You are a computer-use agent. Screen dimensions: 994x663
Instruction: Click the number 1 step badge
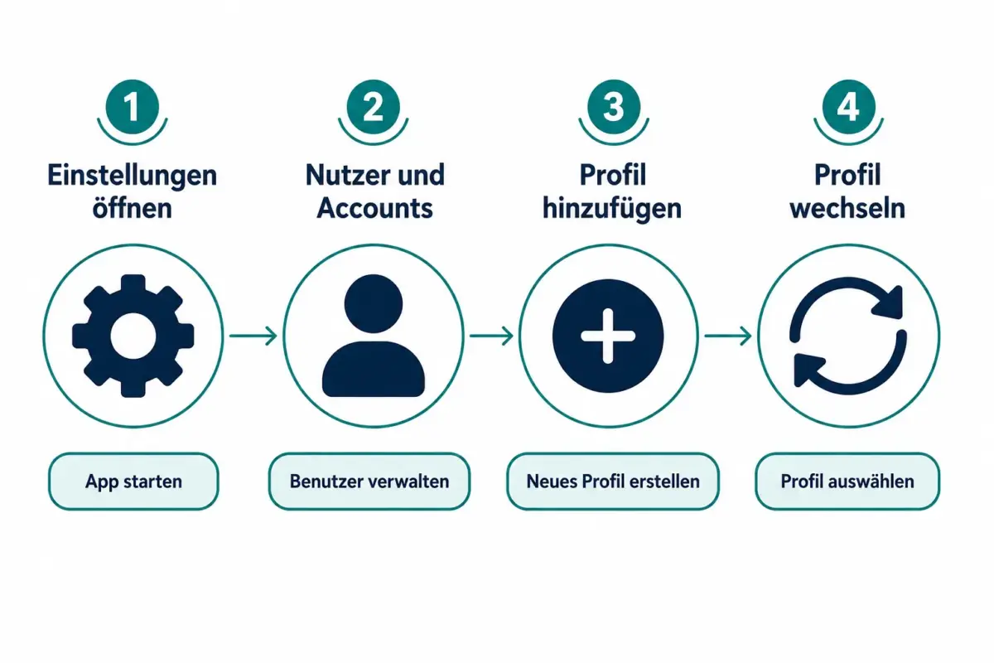[x=133, y=107]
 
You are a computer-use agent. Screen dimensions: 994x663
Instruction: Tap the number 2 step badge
[x=374, y=107]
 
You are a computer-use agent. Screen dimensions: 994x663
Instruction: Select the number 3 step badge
[x=614, y=107]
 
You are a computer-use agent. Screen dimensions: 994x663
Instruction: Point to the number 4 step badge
[x=848, y=107]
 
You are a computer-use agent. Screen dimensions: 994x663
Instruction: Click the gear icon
[x=133, y=336]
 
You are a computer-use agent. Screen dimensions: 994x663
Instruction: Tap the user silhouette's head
[x=374, y=304]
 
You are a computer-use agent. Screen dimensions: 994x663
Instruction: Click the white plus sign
[x=608, y=336]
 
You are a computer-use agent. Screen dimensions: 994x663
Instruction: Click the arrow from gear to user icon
[x=253, y=336]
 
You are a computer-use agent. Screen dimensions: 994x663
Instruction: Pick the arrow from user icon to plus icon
[x=492, y=336]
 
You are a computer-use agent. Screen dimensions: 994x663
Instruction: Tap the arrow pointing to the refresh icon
[x=728, y=336]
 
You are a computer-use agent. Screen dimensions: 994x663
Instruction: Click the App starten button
[x=133, y=482]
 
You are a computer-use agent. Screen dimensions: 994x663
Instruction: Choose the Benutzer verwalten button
[x=369, y=482]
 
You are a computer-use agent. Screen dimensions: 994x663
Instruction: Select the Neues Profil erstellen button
[x=613, y=482]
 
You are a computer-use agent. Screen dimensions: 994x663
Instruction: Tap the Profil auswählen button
[x=847, y=482]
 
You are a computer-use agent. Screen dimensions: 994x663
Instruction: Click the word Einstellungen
[x=133, y=177]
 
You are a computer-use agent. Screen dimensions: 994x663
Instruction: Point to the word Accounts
[x=375, y=208]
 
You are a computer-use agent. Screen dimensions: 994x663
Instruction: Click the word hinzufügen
[x=612, y=209]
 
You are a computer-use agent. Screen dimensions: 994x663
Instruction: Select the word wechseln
[x=847, y=208]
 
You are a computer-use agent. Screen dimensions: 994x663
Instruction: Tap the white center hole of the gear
[x=133, y=336]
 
